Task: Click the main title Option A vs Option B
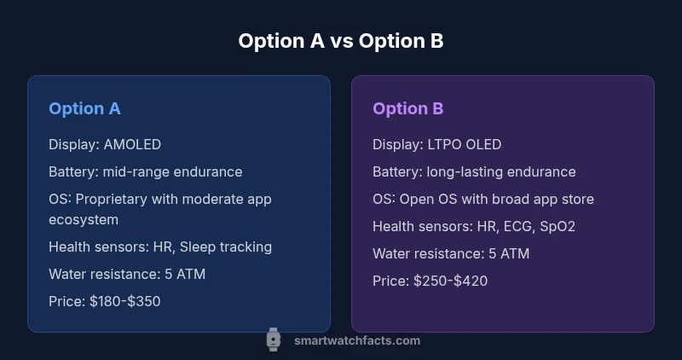340,41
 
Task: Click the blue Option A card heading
84,108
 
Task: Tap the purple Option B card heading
407,108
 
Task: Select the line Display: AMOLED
104,144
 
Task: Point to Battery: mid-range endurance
145,171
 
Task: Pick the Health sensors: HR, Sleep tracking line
160,247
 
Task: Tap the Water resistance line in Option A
127,274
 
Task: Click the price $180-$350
124,301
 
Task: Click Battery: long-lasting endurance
474,171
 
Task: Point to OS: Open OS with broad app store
483,199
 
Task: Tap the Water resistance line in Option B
451,253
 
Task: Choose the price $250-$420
448,281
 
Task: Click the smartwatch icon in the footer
273,340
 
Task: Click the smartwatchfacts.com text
356,340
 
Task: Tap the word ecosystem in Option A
84,219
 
